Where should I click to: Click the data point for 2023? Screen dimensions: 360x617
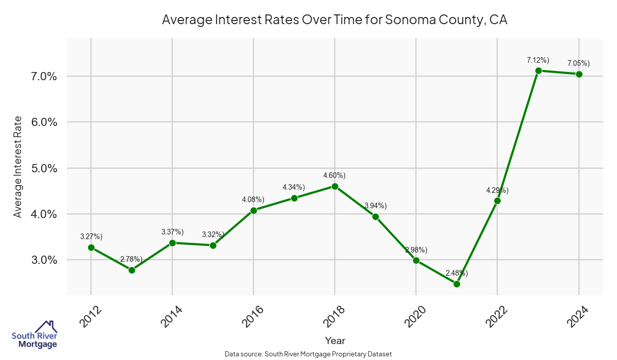(x=538, y=71)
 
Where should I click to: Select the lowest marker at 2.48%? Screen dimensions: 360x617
(x=457, y=284)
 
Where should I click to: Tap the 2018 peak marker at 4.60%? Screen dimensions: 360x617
(x=335, y=186)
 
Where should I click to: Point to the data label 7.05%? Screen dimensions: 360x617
(x=578, y=63)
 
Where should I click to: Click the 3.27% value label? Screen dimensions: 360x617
(x=91, y=237)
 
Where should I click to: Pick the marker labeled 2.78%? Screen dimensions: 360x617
(x=132, y=270)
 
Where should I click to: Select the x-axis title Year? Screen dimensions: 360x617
(x=335, y=340)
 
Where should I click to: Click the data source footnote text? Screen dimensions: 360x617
(x=308, y=354)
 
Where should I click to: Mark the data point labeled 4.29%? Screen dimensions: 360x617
(x=497, y=201)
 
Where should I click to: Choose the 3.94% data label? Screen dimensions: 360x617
(x=375, y=206)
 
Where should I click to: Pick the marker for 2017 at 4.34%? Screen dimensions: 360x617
(x=294, y=198)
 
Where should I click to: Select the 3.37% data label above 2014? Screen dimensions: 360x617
(x=172, y=232)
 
